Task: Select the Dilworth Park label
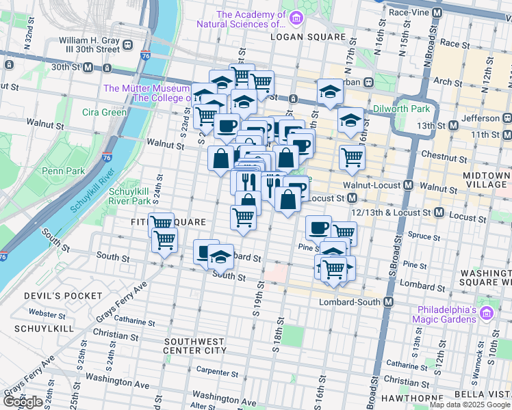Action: click(x=401, y=109)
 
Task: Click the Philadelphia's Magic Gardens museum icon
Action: click(x=487, y=314)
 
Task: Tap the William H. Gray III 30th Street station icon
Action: click(x=128, y=45)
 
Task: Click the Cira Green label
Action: click(x=104, y=112)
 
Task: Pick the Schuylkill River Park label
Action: click(x=129, y=197)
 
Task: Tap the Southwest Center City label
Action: click(x=194, y=345)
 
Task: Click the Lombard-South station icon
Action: click(x=388, y=302)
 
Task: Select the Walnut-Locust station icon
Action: click(x=409, y=184)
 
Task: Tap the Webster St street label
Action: click(x=47, y=313)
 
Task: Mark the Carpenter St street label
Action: click(x=216, y=372)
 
